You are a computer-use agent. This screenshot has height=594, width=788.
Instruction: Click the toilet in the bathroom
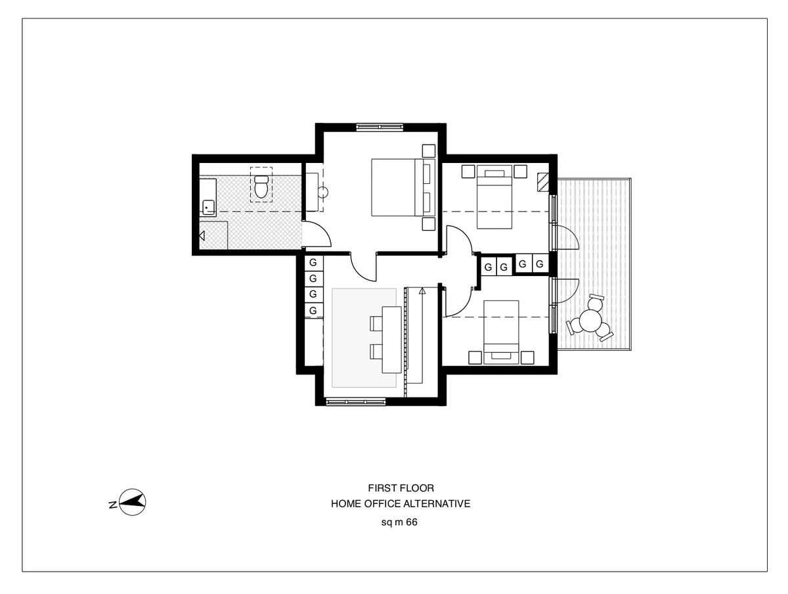pyautogui.click(x=261, y=187)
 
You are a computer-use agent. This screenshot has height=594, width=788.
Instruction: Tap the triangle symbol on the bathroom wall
pyautogui.click(x=202, y=235)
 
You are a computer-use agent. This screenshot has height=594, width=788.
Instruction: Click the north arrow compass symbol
pyautogui.click(x=134, y=502)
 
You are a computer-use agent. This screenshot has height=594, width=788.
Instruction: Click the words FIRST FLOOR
pyautogui.click(x=401, y=488)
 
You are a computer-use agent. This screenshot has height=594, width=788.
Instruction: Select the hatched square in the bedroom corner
pyautogui.click(x=543, y=180)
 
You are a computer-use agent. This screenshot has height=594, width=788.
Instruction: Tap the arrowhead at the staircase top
pyautogui.click(x=422, y=289)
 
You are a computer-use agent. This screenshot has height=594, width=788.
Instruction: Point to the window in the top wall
pyautogui.click(x=379, y=127)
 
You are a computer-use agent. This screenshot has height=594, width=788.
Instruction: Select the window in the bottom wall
pyautogui.click(x=355, y=401)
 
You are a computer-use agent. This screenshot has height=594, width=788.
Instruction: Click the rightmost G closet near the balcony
pyautogui.click(x=540, y=264)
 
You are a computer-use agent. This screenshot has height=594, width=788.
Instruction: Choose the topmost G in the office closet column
pyautogui.click(x=313, y=263)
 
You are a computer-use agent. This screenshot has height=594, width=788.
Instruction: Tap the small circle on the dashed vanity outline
pyautogui.click(x=323, y=193)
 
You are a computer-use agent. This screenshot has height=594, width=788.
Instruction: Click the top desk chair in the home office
pyautogui.click(x=377, y=322)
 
